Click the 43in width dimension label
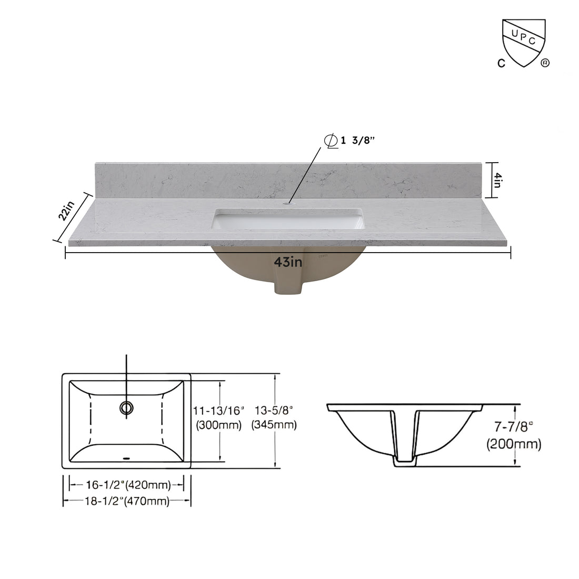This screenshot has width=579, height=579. point(287,261)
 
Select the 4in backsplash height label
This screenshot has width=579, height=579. point(496,180)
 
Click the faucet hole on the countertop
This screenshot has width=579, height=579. point(288,202)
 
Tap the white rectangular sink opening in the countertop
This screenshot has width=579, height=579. point(288,219)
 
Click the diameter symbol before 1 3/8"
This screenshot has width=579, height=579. point(331,141)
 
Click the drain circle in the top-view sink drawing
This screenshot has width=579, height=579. point(126,407)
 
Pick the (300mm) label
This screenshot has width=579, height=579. point(219,425)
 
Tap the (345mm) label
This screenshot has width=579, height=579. point(274,425)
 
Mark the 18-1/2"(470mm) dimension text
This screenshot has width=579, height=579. point(126,502)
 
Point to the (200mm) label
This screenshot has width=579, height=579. point(513,444)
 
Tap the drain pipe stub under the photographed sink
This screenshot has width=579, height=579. point(288,287)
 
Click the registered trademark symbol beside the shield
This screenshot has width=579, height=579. point(545,63)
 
